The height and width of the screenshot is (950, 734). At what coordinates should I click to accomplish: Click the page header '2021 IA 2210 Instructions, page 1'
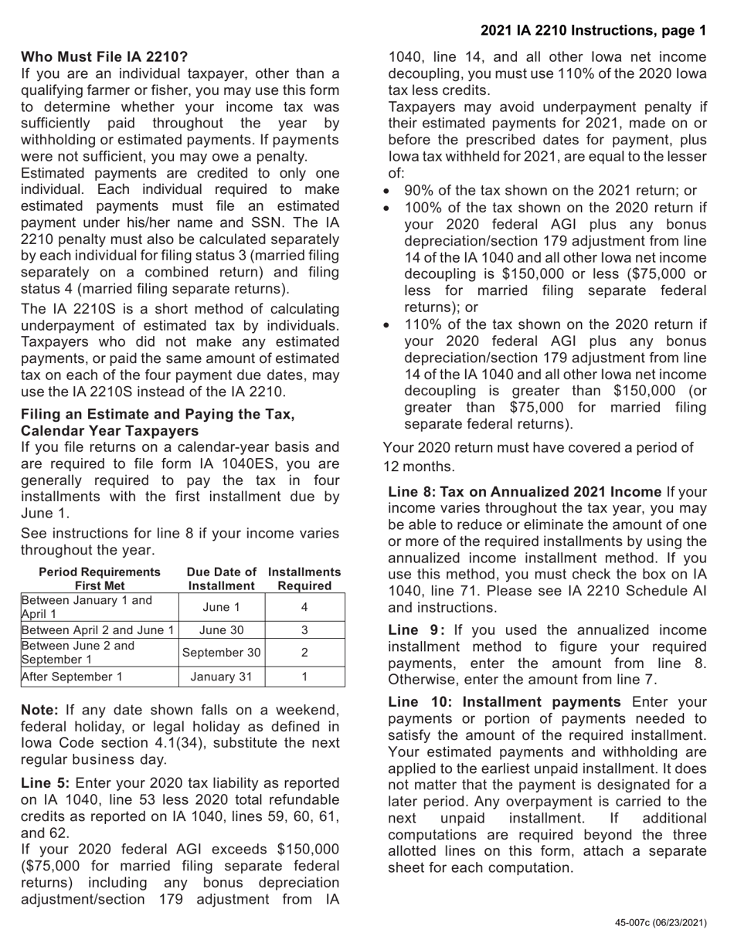[x=593, y=31]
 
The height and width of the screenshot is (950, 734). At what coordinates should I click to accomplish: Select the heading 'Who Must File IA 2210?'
[x=104, y=57]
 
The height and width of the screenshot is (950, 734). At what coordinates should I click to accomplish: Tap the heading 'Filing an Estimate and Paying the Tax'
[x=158, y=414]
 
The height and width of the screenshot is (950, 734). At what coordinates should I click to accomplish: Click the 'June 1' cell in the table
[x=221, y=607]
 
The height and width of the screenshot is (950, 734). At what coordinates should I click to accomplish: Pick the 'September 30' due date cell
[x=221, y=652]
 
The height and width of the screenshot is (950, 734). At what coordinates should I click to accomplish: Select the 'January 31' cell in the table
[x=221, y=677]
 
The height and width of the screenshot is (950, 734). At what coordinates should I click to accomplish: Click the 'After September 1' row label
[x=72, y=677]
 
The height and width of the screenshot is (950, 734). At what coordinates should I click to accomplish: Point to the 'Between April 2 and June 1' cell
[x=98, y=629]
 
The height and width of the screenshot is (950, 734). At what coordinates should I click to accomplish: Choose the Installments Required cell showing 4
[x=304, y=607]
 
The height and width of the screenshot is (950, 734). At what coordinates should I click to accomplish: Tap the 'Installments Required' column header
[x=304, y=578]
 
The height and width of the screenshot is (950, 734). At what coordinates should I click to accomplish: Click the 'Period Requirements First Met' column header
[x=100, y=578]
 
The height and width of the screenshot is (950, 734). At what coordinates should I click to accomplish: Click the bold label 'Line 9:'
[x=416, y=630]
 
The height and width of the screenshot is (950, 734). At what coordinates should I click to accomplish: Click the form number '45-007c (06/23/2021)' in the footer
[x=661, y=922]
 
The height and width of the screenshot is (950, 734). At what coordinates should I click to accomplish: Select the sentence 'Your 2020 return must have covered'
[x=539, y=448]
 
